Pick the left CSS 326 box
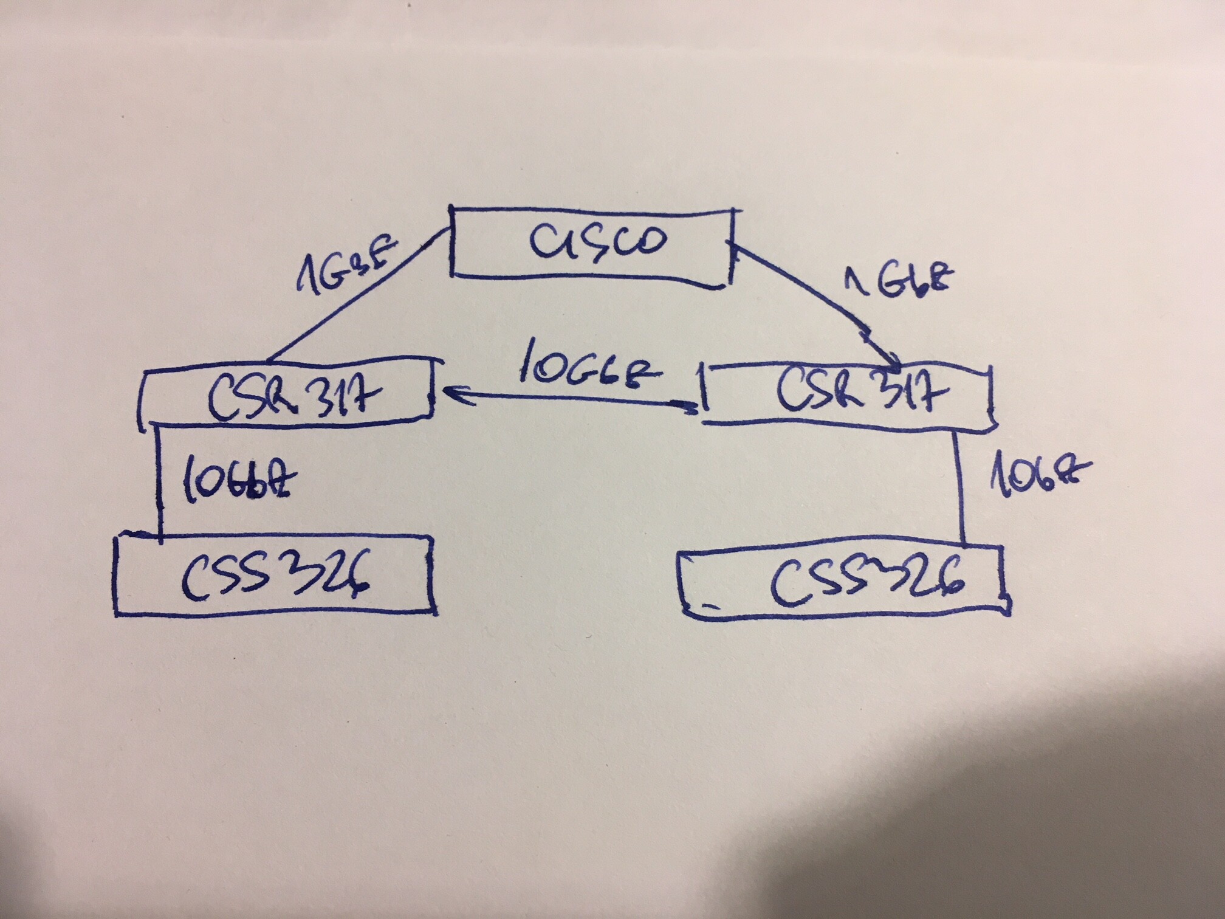(x=276, y=574)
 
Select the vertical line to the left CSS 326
(x=160, y=480)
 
